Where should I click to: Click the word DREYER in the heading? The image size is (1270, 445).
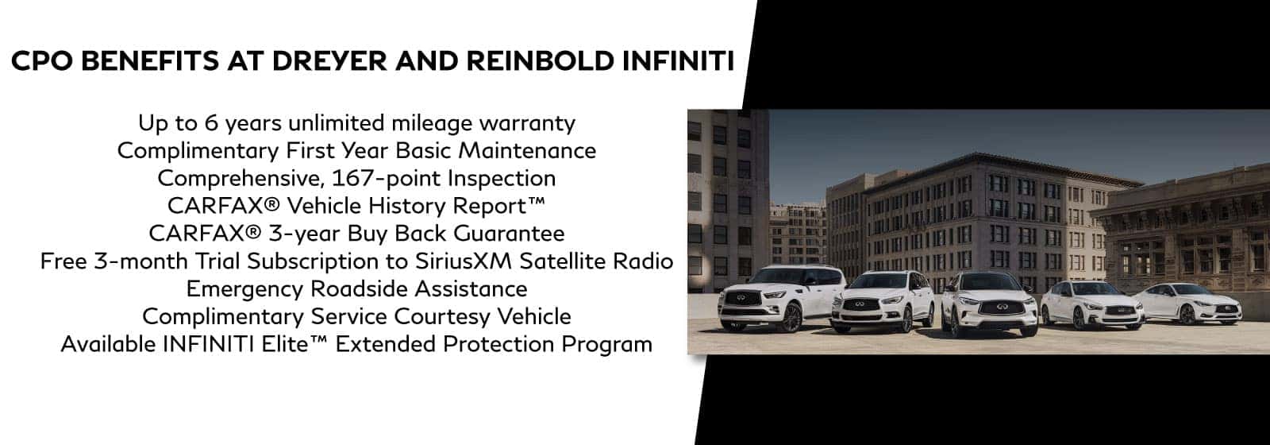click(x=329, y=61)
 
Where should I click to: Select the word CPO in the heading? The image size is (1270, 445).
click(x=42, y=61)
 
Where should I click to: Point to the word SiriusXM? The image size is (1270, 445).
click(x=464, y=261)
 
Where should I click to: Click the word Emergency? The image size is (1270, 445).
click(x=244, y=289)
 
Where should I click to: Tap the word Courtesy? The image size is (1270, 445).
click(x=441, y=316)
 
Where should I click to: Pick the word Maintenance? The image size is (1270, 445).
click(x=527, y=150)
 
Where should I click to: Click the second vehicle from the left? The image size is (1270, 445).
click(x=882, y=301)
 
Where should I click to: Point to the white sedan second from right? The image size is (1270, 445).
click(x=1092, y=304)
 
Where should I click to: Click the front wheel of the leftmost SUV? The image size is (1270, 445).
click(x=790, y=318)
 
